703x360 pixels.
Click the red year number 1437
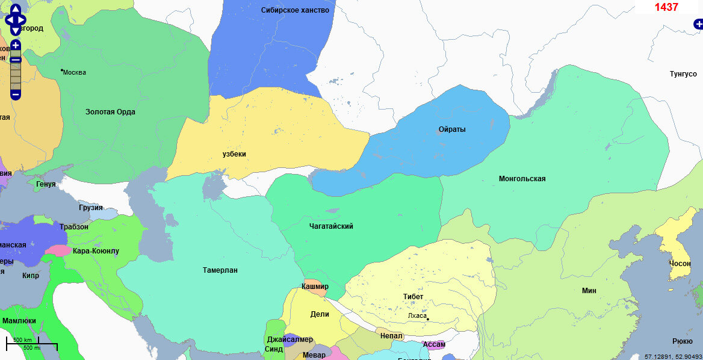coord(666,7)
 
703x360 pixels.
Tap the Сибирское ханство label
coord(295,10)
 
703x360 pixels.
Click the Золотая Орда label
coord(110,112)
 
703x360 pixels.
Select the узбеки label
coord(234,154)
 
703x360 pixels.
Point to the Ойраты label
coord(452,129)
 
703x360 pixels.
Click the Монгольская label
coord(522,179)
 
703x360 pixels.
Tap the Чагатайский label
coord(331,226)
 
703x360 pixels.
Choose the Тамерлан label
coord(220,270)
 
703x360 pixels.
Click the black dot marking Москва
coord(61,70)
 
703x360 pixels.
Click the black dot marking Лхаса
coord(428,319)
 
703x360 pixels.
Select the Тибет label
coord(413,297)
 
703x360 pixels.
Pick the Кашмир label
coord(315,287)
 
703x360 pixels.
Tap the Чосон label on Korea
coord(680,264)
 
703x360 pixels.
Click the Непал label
coord(391,335)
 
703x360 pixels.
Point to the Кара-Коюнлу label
coord(96,250)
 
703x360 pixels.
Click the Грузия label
coord(90,208)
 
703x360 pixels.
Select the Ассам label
coord(433,344)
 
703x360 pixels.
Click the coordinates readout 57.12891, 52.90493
coord(673,356)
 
